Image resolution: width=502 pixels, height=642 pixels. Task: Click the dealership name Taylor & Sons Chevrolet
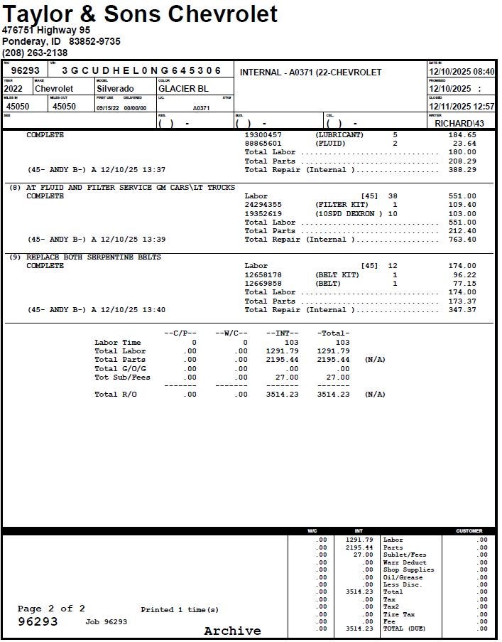tap(140, 14)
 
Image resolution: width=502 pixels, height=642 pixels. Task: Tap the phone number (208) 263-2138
tap(35, 53)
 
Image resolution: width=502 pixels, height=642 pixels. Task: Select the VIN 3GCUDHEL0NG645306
tap(141, 71)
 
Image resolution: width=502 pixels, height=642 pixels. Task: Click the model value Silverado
tap(115, 89)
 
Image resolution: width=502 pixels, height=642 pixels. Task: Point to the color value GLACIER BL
tap(183, 89)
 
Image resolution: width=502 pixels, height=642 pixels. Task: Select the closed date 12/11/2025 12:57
tap(462, 107)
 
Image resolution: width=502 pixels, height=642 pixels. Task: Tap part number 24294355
tap(263, 205)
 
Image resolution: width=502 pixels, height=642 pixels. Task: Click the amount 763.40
tap(462, 240)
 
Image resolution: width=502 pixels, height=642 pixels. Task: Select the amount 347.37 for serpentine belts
tap(462, 310)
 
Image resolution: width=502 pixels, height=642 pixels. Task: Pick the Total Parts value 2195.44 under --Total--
tap(333, 360)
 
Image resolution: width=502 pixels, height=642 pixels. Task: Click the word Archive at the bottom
tap(232, 631)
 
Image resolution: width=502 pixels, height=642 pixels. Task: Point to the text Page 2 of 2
tap(51, 609)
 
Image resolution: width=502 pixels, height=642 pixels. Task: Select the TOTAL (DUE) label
tap(404, 629)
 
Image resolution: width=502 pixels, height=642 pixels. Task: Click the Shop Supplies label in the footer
tap(408, 569)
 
